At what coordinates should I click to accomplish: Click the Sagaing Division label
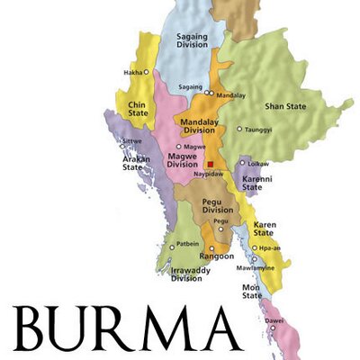(x=185, y=42)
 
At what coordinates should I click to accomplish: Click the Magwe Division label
(x=184, y=160)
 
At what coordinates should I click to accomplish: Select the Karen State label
(x=265, y=228)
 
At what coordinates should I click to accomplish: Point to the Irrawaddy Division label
(x=186, y=274)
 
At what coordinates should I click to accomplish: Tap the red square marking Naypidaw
(x=210, y=165)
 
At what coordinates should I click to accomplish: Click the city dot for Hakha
(x=147, y=72)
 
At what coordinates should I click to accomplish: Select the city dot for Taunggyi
(x=239, y=129)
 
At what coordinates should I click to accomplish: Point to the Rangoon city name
(x=217, y=255)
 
